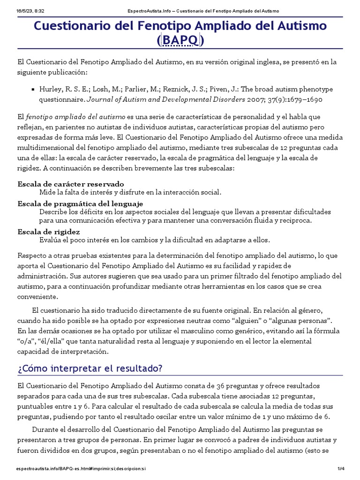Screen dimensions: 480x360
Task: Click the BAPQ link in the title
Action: click(181, 41)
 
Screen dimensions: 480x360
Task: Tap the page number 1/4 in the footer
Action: click(341, 469)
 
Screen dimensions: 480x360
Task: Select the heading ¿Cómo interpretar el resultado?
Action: click(90, 368)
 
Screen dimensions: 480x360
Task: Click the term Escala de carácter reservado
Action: click(71, 184)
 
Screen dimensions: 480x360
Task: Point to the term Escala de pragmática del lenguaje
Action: click(80, 203)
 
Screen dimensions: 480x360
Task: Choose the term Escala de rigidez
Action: click(49, 232)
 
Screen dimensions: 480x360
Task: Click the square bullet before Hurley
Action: click(32, 89)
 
